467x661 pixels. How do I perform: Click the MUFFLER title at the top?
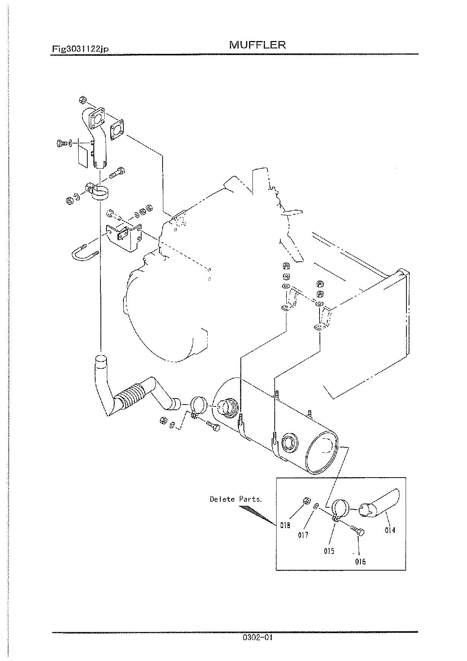point(257,45)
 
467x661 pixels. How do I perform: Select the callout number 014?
point(390,530)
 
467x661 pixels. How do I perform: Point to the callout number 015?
point(329,551)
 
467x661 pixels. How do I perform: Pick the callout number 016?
point(360,562)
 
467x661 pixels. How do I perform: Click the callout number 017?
point(303,535)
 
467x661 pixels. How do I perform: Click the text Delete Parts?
point(236,499)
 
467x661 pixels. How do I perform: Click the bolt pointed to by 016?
point(358,531)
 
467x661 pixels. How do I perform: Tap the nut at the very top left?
point(83,100)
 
